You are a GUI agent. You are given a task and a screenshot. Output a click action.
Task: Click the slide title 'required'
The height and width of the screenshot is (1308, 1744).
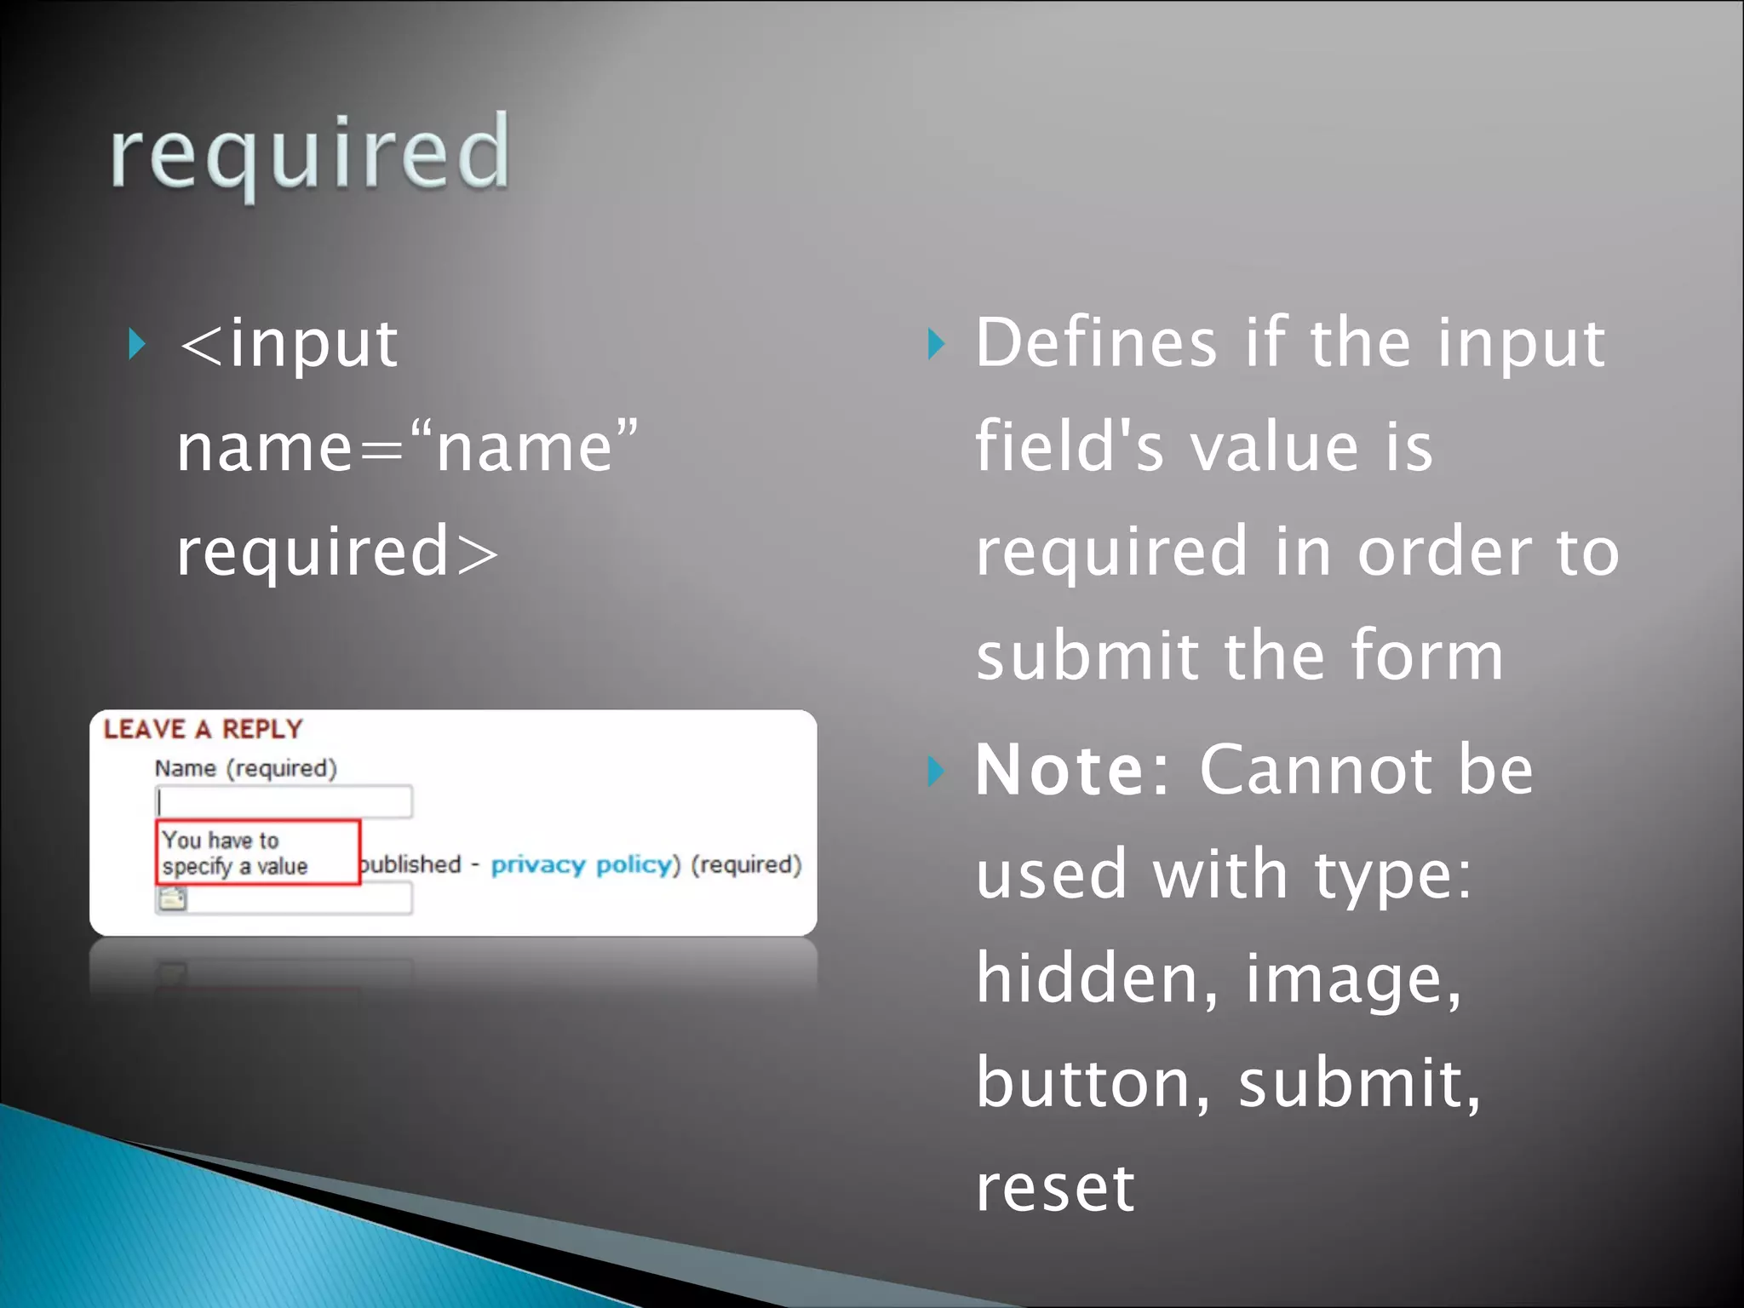click(310, 153)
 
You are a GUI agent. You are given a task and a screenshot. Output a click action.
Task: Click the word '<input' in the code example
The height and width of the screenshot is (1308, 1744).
click(288, 344)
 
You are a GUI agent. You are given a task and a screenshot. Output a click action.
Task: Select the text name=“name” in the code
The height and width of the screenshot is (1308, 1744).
click(407, 448)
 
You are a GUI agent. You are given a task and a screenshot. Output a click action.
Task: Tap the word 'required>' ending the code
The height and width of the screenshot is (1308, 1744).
click(337, 552)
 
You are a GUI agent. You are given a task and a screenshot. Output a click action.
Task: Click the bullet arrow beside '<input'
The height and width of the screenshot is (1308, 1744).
click(136, 344)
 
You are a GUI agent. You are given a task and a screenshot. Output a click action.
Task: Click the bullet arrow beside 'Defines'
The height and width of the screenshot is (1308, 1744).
click(936, 344)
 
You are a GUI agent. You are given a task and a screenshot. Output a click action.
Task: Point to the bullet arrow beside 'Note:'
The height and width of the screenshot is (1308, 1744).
click(936, 771)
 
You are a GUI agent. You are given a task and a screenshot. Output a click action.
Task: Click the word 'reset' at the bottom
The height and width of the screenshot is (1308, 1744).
click(1054, 1189)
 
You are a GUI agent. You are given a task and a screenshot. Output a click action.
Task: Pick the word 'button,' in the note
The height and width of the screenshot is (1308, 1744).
click(1093, 1083)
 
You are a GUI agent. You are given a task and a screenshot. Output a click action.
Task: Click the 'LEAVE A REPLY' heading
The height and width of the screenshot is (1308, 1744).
click(203, 730)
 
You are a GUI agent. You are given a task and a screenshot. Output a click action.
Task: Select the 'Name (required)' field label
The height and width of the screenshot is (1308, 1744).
click(245, 769)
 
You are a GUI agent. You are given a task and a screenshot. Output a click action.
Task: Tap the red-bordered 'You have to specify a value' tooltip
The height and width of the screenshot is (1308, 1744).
click(257, 852)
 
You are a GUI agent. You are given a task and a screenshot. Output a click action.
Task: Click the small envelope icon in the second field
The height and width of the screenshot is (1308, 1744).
click(172, 899)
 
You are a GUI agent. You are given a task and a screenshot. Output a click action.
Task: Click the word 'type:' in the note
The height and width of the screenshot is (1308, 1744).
click(1392, 875)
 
